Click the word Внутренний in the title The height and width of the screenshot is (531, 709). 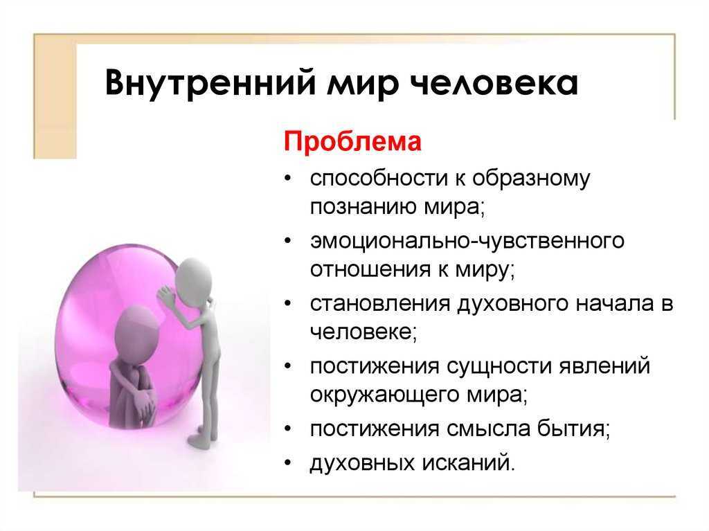click(x=210, y=82)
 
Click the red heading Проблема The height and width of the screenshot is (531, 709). click(x=352, y=141)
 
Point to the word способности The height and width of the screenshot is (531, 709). click(x=379, y=179)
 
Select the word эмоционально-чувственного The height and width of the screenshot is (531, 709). click(x=467, y=240)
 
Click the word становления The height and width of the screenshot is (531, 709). click(x=380, y=303)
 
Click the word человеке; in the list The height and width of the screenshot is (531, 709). click(x=363, y=332)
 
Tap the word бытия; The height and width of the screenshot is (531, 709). click(x=574, y=428)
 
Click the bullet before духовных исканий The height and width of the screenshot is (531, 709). click(x=288, y=463)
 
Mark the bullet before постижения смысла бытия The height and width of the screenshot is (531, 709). click(x=288, y=429)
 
